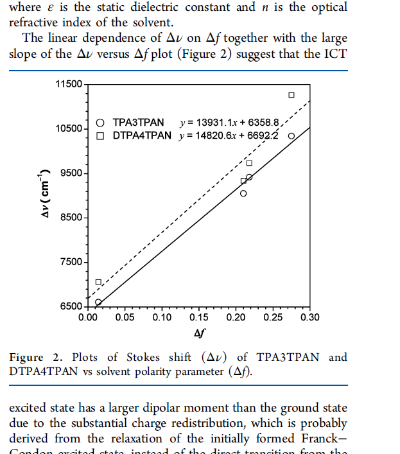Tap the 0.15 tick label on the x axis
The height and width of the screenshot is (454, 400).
199,317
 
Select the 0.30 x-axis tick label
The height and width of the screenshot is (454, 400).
310,317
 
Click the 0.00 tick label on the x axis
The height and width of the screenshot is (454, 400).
88,317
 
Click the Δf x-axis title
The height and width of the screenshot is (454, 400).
199,333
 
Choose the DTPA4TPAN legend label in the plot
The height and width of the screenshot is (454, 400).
142,135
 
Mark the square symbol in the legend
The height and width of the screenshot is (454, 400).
100,135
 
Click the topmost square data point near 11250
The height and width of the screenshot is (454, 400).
291,95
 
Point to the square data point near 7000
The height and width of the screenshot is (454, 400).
99,282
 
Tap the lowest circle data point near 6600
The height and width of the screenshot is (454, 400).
98,302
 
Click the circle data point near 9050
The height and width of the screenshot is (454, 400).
243,193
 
